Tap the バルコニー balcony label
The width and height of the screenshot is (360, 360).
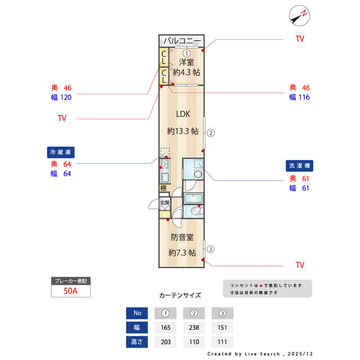pos(182,41)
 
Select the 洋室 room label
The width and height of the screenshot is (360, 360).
pos(187,62)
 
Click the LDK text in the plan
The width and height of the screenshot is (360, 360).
pos(183,114)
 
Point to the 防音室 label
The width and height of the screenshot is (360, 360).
pos(182,237)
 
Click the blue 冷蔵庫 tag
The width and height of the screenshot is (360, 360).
pos(61,152)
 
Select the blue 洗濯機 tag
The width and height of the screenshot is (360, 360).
pos(300,166)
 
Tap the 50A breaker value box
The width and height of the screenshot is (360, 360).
pos(70,291)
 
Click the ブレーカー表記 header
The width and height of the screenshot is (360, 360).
pos(70,281)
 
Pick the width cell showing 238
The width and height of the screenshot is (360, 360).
pos(195,327)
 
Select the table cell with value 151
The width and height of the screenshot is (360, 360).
pos(222,327)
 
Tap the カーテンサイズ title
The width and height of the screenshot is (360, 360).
pos(180,295)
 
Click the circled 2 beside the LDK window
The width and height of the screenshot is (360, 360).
pos(210,133)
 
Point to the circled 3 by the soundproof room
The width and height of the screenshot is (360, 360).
pos(210,249)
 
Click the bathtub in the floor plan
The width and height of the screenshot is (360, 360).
pos(193,199)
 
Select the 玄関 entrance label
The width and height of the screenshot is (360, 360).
pos(164,202)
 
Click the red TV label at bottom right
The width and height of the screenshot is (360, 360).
pos(300,265)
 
